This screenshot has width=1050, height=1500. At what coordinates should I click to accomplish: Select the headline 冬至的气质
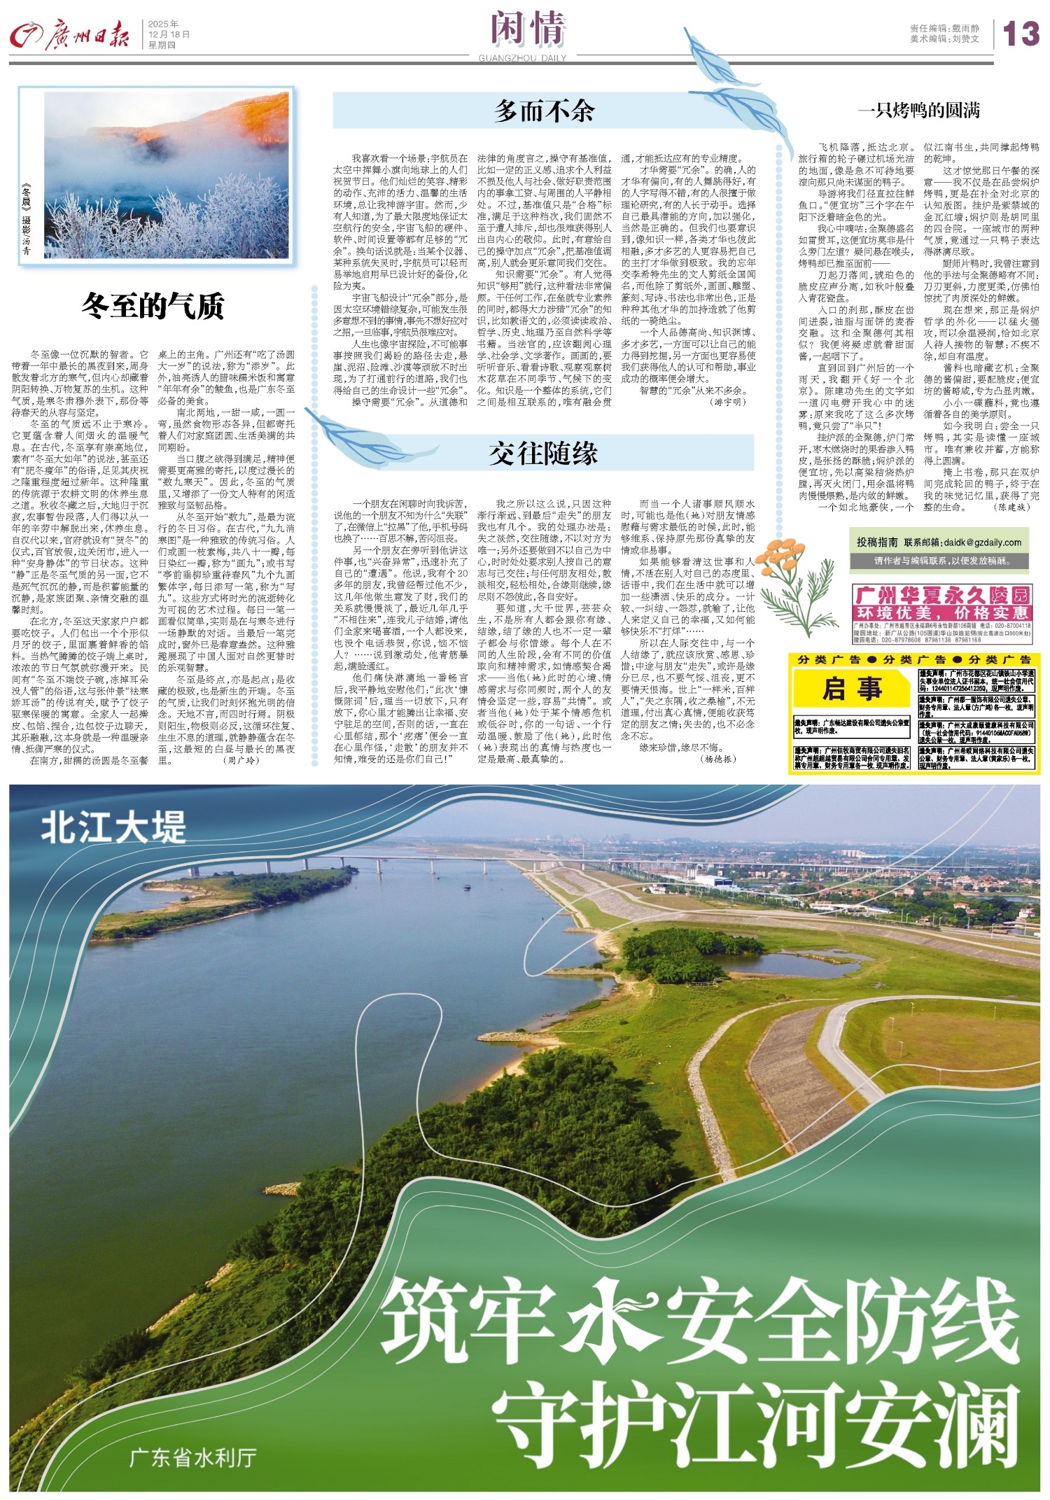pos(153,306)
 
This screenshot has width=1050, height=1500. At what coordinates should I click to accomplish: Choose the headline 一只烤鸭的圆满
pos(918,111)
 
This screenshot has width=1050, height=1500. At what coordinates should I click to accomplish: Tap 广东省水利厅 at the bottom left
pos(192,1457)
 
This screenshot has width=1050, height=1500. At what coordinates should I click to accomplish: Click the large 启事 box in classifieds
pos(852,689)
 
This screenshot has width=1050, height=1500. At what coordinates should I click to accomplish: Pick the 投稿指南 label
pos(877,542)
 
